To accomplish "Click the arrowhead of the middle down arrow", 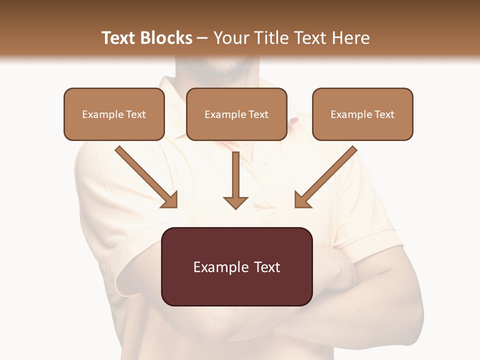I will [x=235, y=202].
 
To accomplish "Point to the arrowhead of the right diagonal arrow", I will [x=301, y=200].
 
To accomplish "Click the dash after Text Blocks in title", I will [x=202, y=38].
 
